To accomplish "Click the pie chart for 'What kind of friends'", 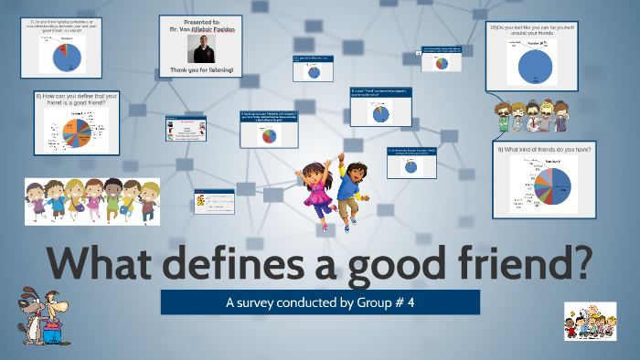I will coord(553,182).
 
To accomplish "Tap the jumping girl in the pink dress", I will coord(319,191).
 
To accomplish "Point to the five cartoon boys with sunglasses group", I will coord(528,116).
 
